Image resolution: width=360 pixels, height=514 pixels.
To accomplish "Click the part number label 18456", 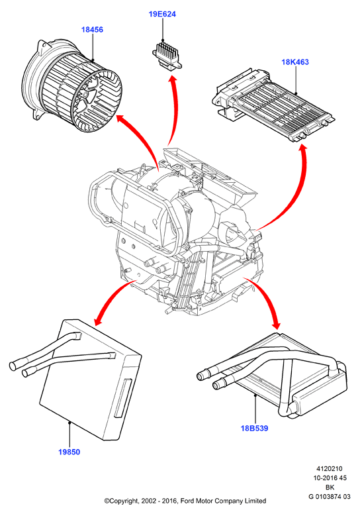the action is (x=92, y=30).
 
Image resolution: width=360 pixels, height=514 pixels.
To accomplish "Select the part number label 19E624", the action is (x=162, y=14).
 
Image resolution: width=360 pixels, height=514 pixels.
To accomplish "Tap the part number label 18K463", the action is (x=295, y=62).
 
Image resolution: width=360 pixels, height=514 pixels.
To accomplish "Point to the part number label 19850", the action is (x=69, y=452).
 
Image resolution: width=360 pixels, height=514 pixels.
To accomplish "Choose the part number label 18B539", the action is (x=255, y=428).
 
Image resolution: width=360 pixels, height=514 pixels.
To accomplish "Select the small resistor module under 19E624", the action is (x=167, y=56).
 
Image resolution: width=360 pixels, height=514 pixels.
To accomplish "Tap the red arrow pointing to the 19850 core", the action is (x=110, y=297).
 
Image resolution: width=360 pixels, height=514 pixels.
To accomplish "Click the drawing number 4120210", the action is (x=329, y=469).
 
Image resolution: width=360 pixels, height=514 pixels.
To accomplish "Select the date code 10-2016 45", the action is (x=330, y=478).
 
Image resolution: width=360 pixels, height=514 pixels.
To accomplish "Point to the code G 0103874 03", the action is (x=329, y=496).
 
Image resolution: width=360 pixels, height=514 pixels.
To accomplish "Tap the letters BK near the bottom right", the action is (x=330, y=487).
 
